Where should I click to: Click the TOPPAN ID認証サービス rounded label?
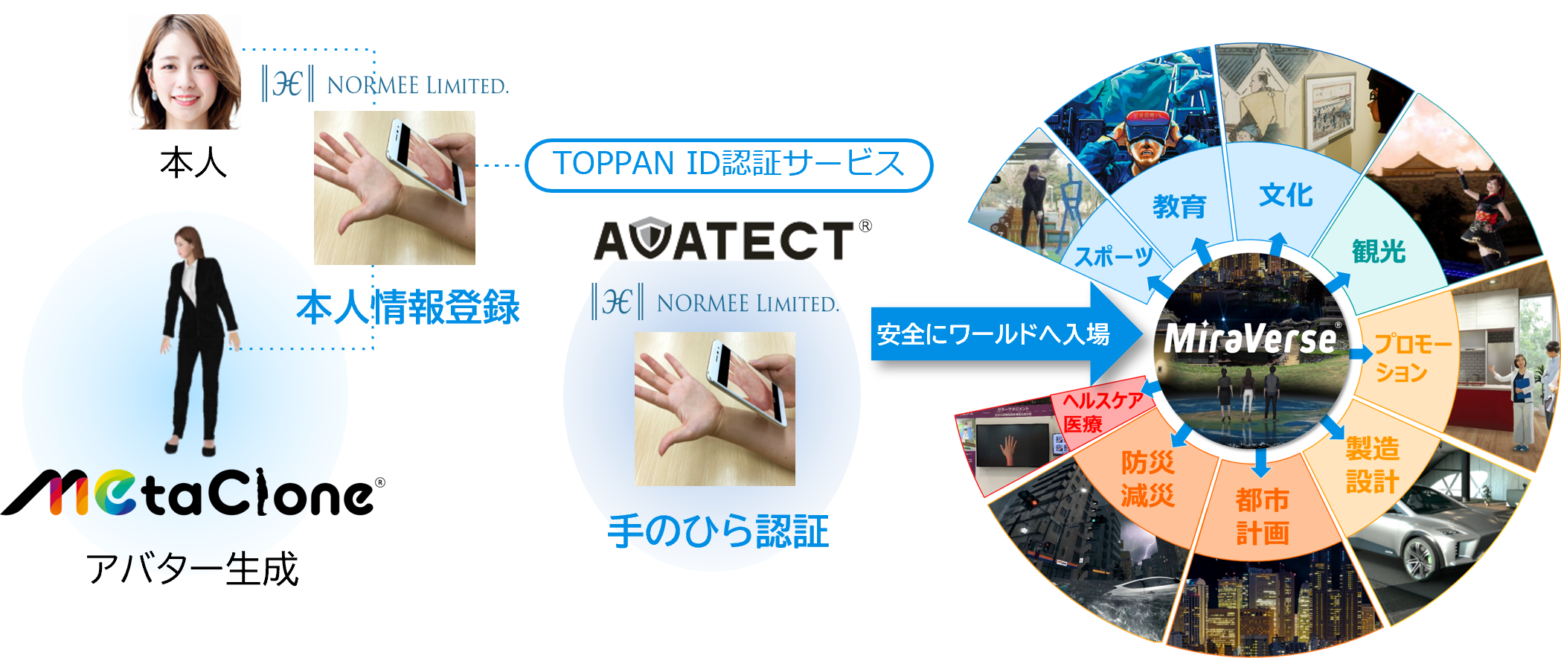728,164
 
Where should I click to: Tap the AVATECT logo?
725,240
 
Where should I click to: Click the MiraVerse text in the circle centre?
1251,339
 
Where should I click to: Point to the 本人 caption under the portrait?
193,163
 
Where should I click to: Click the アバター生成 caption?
192,569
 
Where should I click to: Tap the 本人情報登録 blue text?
408,307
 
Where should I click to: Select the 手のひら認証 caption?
718,531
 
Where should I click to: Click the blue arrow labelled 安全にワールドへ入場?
997,334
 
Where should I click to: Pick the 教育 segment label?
1179,206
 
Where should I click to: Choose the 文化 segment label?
1286,195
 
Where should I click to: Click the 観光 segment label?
1379,252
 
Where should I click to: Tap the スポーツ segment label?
1114,257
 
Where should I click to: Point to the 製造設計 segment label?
1373,465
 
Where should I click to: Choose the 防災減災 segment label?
1148,479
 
